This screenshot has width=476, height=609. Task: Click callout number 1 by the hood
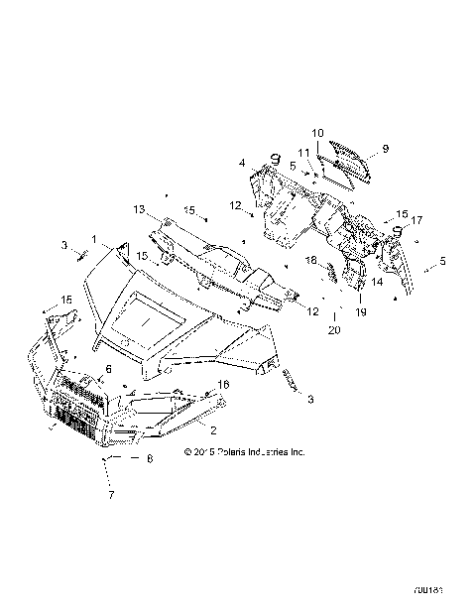pyautogui.click(x=94, y=240)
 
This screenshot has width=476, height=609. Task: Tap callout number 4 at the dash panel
pyautogui.click(x=241, y=162)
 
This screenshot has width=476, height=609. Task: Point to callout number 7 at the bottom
pyautogui.click(x=111, y=494)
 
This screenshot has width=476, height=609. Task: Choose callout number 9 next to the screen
pyautogui.click(x=385, y=148)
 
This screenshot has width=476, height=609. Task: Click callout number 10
pyautogui.click(x=317, y=133)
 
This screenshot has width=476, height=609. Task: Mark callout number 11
pyautogui.click(x=304, y=152)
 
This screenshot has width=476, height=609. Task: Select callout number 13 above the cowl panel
pyautogui.click(x=140, y=209)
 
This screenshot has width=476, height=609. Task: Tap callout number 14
pyautogui.click(x=377, y=282)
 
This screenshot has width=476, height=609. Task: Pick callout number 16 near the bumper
pyautogui.click(x=223, y=383)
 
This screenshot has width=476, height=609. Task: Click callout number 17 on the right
pyautogui.click(x=416, y=220)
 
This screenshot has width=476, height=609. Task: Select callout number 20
pyautogui.click(x=333, y=329)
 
